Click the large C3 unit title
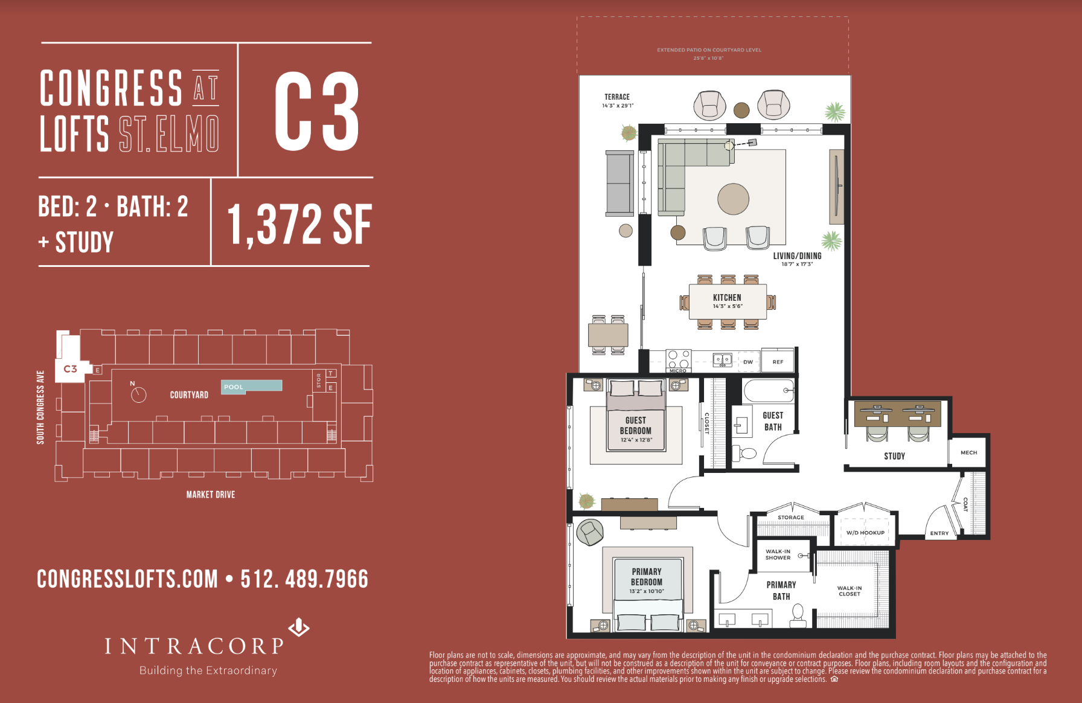click(x=316, y=112)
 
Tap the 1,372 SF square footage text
click(x=299, y=225)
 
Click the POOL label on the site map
click(x=234, y=387)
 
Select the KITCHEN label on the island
click(x=727, y=298)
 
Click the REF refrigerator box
click(x=778, y=362)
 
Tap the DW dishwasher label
click(x=748, y=362)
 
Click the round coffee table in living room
click(x=733, y=199)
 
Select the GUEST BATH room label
click(x=773, y=421)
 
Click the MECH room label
click(x=968, y=452)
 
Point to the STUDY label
click(x=894, y=456)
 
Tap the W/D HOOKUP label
click(x=865, y=533)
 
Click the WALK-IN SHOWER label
click(x=778, y=554)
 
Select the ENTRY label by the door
click(x=939, y=533)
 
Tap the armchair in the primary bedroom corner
click(x=590, y=532)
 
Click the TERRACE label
click(x=617, y=97)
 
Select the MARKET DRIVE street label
click(x=211, y=495)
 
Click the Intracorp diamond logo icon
click(x=299, y=628)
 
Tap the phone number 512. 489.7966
click(x=304, y=579)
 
